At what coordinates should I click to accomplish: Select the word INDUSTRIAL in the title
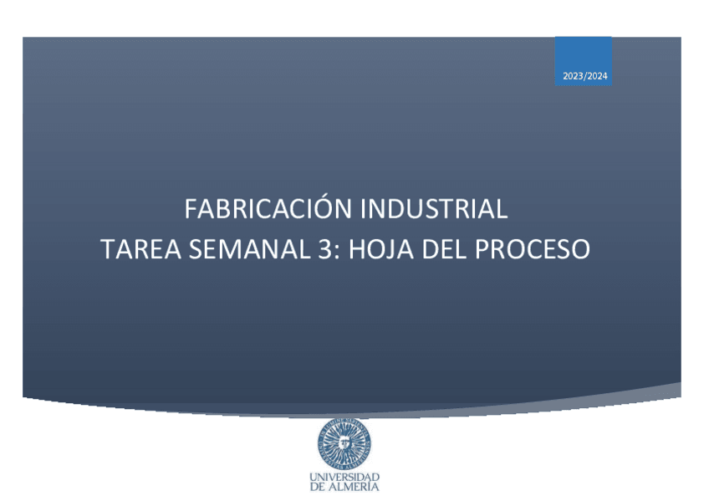point(434,209)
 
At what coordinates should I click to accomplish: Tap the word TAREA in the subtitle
point(140,249)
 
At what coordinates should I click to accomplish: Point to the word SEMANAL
point(249,249)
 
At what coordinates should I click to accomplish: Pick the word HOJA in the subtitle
point(380,249)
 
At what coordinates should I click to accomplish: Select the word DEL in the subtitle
point(444,249)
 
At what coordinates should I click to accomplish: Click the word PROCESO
point(533,249)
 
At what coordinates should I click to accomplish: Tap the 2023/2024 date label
point(584,76)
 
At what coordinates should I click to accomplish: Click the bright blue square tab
point(584,61)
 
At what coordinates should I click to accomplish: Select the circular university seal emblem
point(344,444)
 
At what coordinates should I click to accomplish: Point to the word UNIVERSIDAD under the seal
point(344,477)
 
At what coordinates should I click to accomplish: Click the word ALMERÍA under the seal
point(353,487)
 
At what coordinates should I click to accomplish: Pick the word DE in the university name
point(318,487)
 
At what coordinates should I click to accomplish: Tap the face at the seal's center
point(344,443)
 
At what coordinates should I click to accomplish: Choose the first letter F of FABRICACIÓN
point(190,209)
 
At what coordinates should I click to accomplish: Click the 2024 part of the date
point(597,76)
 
